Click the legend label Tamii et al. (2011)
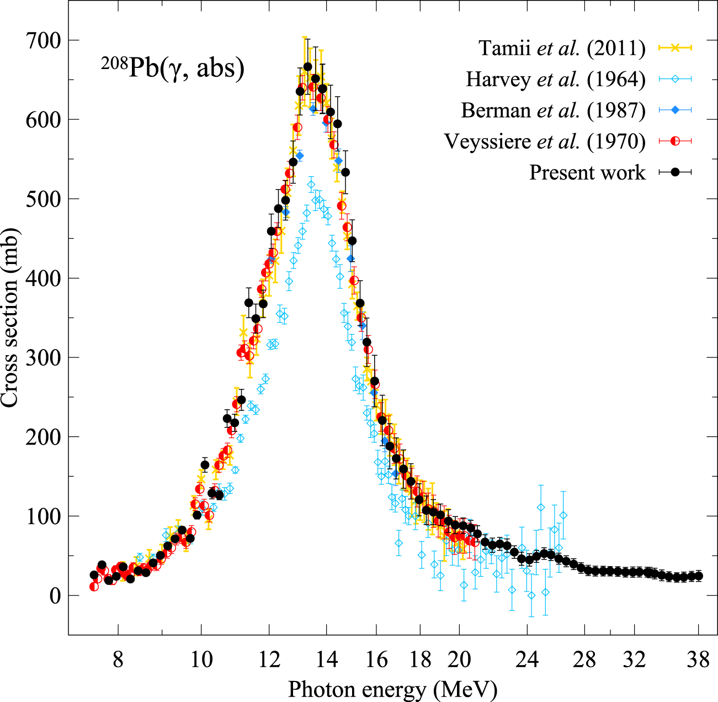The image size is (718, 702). click(x=562, y=48)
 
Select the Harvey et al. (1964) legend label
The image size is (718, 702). click(x=555, y=79)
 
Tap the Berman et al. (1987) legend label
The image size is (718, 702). click(x=553, y=110)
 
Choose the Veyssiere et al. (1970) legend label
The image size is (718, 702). click(x=545, y=141)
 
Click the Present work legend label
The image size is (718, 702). click(x=587, y=172)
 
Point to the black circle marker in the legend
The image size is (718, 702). click(x=675, y=172)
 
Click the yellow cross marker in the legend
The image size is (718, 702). click(x=675, y=48)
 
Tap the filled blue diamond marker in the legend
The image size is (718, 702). click(x=675, y=110)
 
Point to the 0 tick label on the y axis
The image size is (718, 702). click(x=55, y=596)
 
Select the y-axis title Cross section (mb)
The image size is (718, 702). click(x=11, y=318)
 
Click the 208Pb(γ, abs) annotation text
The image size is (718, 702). click(x=172, y=69)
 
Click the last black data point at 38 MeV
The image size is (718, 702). click(x=698, y=576)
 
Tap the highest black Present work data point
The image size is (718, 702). click(x=307, y=67)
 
